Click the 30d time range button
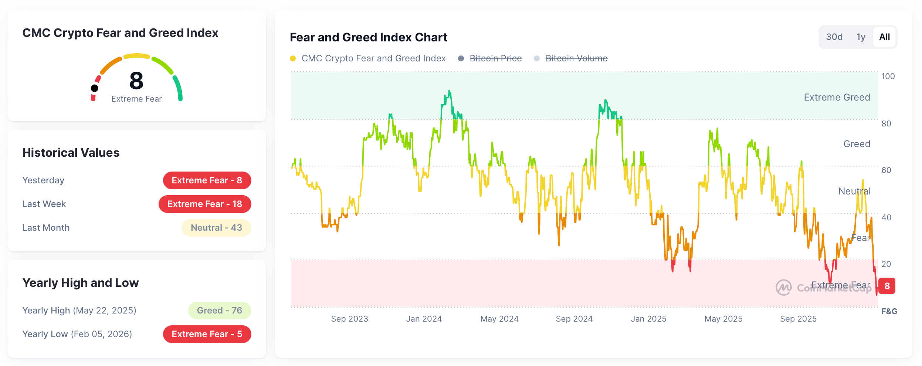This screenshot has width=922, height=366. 834,37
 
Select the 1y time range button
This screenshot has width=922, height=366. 861,37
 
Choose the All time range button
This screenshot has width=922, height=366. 884,37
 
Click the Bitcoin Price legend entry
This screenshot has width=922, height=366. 495,58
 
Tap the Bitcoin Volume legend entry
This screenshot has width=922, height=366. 576,58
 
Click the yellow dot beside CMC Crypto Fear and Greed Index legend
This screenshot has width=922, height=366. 293,58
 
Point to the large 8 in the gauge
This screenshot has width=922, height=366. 136,81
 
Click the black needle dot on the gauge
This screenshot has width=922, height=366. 95,88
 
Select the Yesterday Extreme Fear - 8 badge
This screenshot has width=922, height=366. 207,180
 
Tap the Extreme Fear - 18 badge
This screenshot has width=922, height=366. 205,204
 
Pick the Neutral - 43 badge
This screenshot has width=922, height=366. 216,228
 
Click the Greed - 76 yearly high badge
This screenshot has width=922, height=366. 220,311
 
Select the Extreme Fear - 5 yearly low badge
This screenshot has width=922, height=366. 207,334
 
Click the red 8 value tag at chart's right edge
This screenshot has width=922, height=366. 887,286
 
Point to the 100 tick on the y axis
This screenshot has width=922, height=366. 888,77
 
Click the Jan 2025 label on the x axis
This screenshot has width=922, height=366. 648,319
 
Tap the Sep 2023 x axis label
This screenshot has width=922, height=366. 349,319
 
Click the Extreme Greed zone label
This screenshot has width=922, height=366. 837,97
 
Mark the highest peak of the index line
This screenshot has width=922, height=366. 449,91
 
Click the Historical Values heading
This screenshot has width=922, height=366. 71,153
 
